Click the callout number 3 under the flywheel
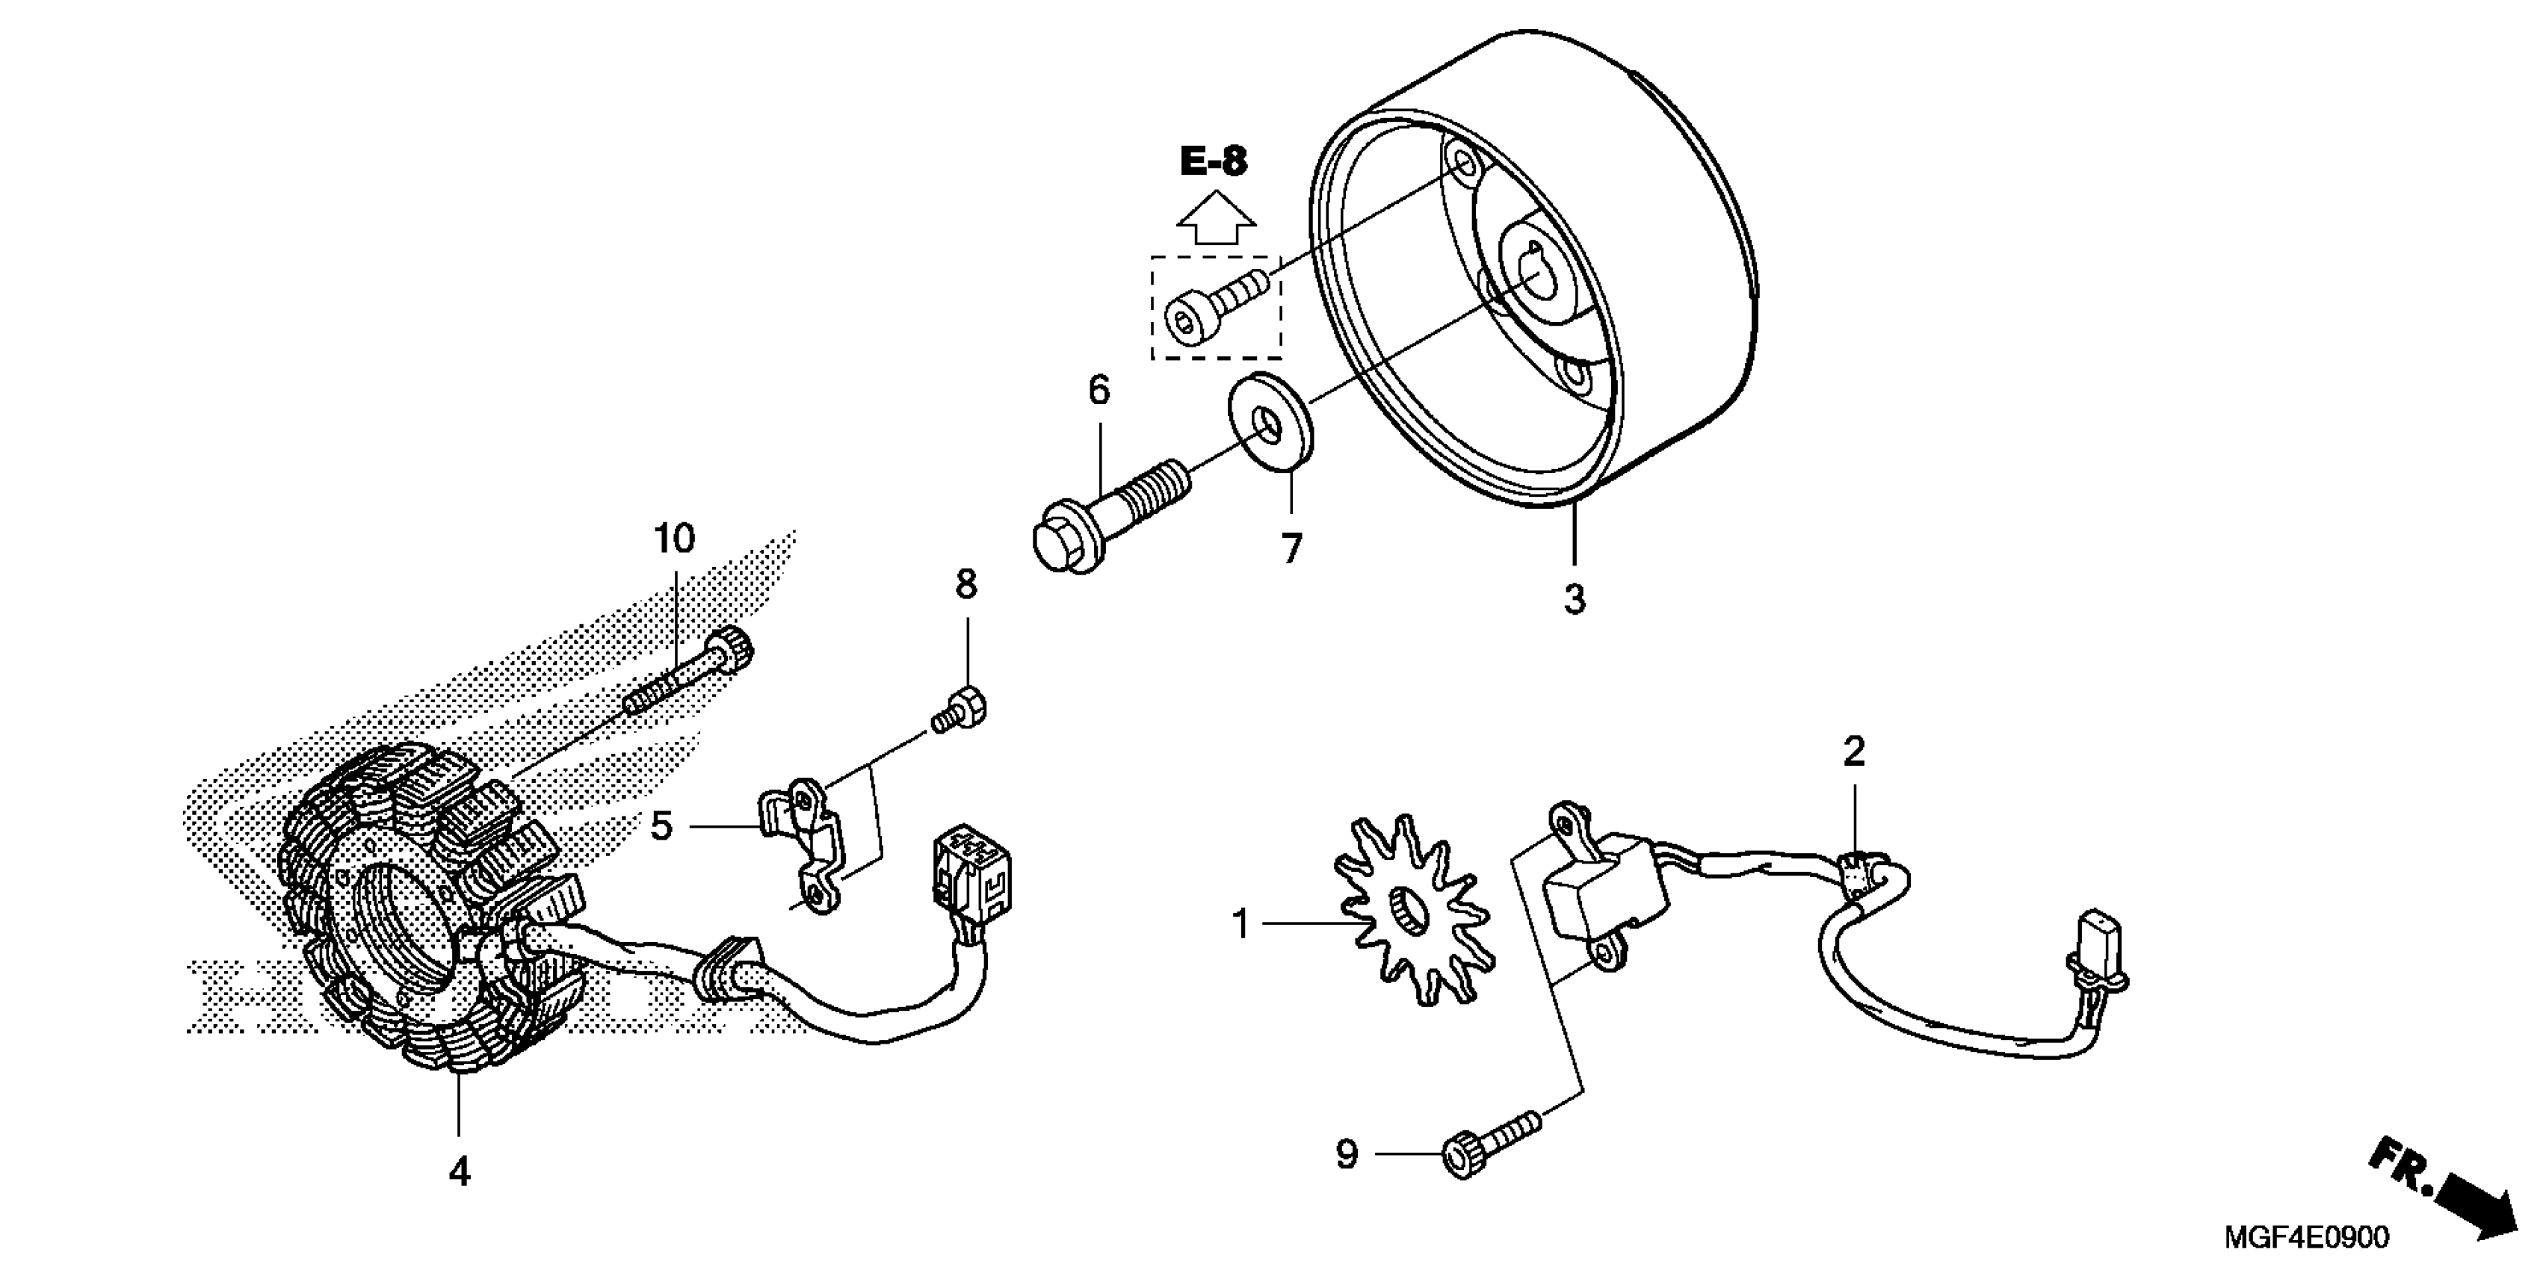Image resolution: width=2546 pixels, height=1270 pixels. click(x=1575, y=599)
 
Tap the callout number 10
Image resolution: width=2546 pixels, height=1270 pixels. click(x=674, y=539)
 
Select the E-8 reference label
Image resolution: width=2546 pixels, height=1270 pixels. click(x=1214, y=161)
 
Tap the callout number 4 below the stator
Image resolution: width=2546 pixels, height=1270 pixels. click(x=460, y=1172)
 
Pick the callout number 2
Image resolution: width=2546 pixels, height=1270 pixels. click(x=1854, y=753)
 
